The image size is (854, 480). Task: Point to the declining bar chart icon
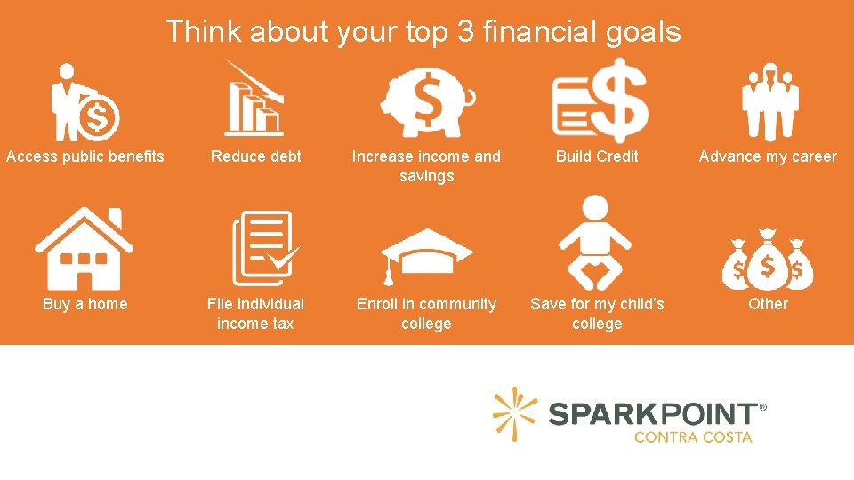point(254,99)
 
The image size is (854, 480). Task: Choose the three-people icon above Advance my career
point(769,102)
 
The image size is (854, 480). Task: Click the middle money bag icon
point(768,260)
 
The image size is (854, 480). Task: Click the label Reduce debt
point(256,156)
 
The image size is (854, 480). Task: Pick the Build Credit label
point(597,156)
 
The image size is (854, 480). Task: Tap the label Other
point(768,304)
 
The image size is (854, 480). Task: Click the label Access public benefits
point(85,156)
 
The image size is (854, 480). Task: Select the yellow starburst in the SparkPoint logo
point(515,413)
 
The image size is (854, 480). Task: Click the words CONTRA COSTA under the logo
point(693,436)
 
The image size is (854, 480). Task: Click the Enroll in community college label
point(426,314)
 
